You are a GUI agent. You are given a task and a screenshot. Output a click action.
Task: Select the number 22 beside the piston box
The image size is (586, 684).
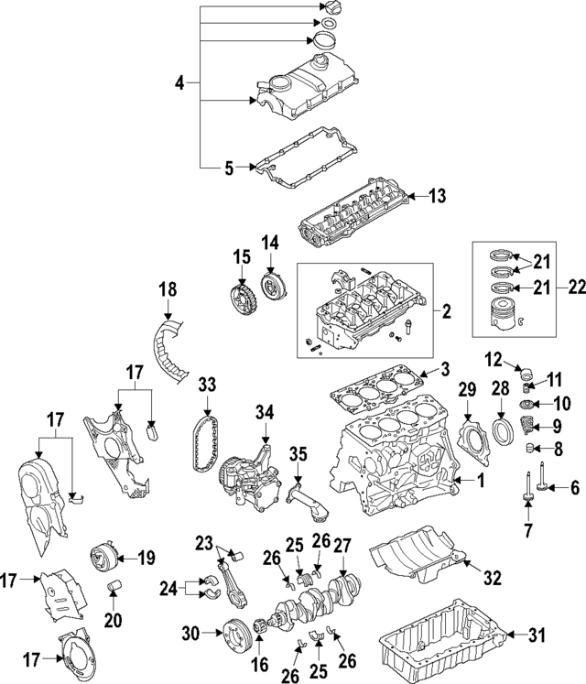(x=550, y=287)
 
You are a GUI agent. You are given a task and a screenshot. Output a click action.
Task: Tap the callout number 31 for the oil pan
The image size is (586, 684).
(x=537, y=634)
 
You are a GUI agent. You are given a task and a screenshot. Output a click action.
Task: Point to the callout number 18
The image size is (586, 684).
(x=167, y=288)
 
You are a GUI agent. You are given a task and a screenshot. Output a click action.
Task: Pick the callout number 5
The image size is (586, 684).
(x=231, y=167)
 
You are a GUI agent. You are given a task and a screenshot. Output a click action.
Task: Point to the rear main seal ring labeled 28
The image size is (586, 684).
(x=503, y=431)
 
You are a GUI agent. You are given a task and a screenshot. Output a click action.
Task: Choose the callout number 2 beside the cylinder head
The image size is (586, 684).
(x=447, y=312)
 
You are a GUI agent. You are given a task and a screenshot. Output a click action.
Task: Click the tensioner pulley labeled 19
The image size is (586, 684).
(x=99, y=557)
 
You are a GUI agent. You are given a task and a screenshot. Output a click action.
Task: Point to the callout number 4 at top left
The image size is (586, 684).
(x=180, y=83)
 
